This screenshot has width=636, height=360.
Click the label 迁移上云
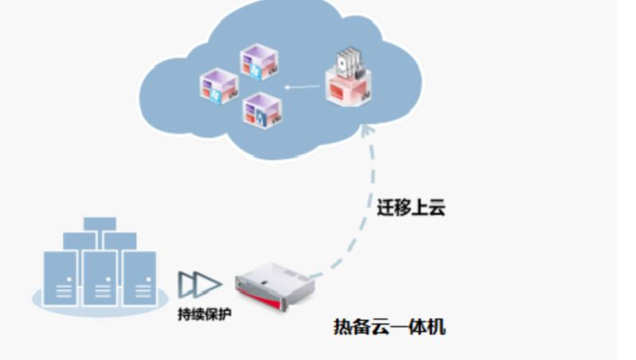click(x=410, y=209)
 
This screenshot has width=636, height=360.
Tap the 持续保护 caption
click(x=206, y=313)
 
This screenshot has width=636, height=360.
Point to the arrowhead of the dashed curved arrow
click(x=367, y=127)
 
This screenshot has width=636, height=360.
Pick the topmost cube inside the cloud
click(x=259, y=62)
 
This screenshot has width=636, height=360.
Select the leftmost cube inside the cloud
click(x=218, y=85)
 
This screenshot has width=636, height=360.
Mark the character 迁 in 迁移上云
click(x=385, y=209)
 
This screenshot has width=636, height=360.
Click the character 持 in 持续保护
click(x=184, y=313)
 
